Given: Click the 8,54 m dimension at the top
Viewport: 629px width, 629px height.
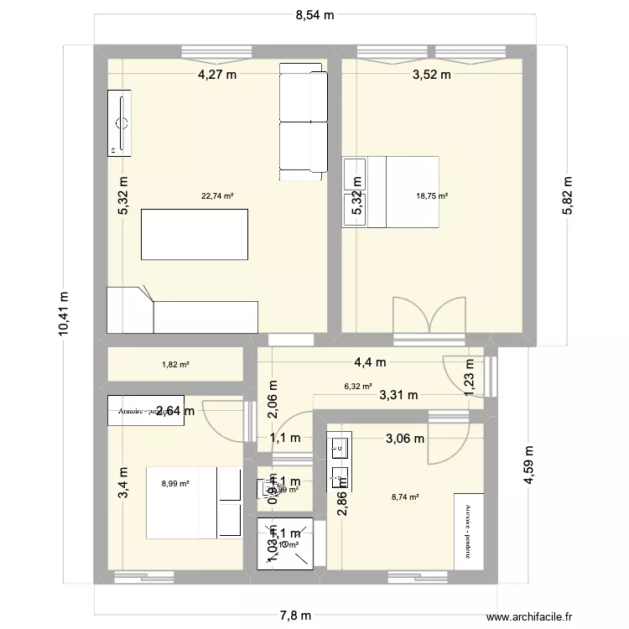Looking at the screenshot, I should coord(314,14).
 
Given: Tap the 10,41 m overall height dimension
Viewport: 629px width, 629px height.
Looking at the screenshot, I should coord(64,314).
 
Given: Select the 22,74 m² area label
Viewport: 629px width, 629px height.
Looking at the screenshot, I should coord(217,196).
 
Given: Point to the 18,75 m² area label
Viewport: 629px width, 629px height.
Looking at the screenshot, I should coord(432,196).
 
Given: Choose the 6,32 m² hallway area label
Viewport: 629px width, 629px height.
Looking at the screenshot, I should coord(357,387).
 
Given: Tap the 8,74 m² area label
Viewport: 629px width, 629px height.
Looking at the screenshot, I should coord(405,496).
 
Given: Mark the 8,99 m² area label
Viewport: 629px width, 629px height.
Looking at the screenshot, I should coord(175,483).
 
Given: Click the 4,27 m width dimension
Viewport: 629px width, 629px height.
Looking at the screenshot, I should coord(216,75).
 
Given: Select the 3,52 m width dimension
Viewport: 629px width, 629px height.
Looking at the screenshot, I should coord(431,75).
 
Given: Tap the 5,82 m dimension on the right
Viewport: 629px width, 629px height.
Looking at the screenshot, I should coord(567,195).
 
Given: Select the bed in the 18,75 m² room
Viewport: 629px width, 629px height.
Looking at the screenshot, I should coord(401,191).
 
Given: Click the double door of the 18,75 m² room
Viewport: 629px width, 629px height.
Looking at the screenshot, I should coord(429,320).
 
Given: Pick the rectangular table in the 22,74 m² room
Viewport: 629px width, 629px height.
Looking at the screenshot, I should coord(194,235).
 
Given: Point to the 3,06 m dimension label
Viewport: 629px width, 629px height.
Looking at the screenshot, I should coord(404,437).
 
